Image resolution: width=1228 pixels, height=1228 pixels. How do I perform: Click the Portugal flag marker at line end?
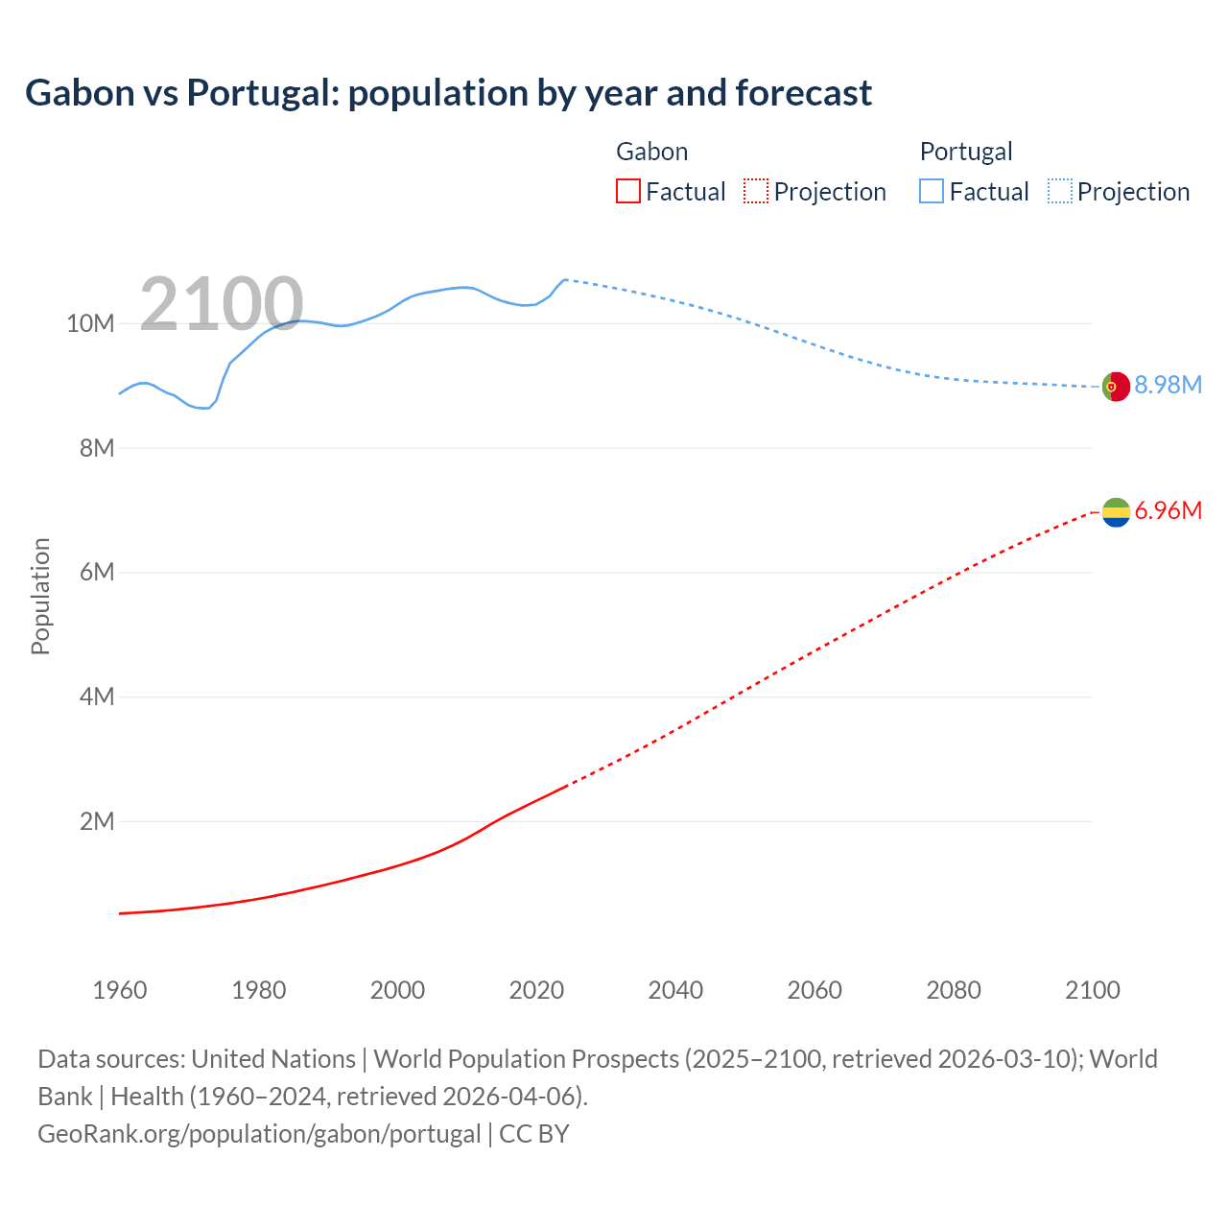(x=1116, y=387)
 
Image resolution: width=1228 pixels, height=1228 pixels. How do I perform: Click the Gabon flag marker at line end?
(x=1116, y=512)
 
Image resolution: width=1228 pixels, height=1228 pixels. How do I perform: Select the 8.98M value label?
(x=1168, y=385)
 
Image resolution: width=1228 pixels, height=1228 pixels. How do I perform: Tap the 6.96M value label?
(x=1168, y=510)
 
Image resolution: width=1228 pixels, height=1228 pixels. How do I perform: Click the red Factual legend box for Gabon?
(x=627, y=192)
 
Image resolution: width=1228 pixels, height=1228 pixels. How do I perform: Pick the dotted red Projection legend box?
(x=756, y=192)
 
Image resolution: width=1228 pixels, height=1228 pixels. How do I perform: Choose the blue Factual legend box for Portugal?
(x=931, y=192)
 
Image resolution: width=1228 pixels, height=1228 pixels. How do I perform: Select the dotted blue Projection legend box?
(x=1059, y=192)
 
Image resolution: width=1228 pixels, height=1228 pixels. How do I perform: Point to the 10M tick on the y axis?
(x=90, y=324)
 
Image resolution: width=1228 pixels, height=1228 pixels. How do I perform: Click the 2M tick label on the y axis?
(x=97, y=821)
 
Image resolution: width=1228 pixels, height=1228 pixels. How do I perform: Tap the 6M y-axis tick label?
(x=97, y=573)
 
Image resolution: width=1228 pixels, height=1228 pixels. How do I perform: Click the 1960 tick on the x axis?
(x=120, y=990)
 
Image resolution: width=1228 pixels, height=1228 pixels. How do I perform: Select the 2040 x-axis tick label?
(x=675, y=990)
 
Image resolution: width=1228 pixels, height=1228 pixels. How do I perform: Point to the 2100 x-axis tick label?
(x=1092, y=990)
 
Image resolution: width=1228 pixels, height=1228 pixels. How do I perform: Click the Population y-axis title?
(x=40, y=596)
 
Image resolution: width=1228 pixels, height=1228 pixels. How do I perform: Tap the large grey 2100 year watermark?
(x=222, y=304)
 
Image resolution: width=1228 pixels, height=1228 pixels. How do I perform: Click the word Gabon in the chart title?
(x=80, y=93)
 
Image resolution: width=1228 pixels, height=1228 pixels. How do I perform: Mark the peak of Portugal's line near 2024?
(x=565, y=279)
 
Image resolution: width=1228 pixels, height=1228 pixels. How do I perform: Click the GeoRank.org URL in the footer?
(x=259, y=1134)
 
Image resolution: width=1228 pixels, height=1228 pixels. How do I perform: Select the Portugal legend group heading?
(x=965, y=152)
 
